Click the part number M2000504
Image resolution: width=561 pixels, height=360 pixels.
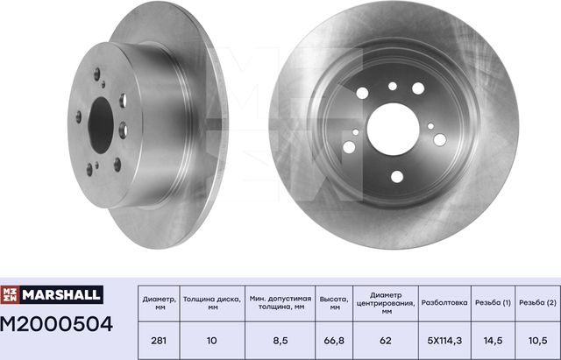(57, 326)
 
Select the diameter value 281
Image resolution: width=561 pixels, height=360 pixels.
(158, 339)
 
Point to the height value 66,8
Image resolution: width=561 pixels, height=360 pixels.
(331, 339)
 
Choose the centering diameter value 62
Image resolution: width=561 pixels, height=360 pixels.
(386, 339)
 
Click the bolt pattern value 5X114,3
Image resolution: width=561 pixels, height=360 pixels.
(444, 339)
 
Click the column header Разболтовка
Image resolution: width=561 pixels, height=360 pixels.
(444, 302)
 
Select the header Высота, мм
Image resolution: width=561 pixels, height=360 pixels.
(331, 302)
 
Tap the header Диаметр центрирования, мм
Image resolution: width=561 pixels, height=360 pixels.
(386, 302)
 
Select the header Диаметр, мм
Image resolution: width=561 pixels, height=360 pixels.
(158, 302)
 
